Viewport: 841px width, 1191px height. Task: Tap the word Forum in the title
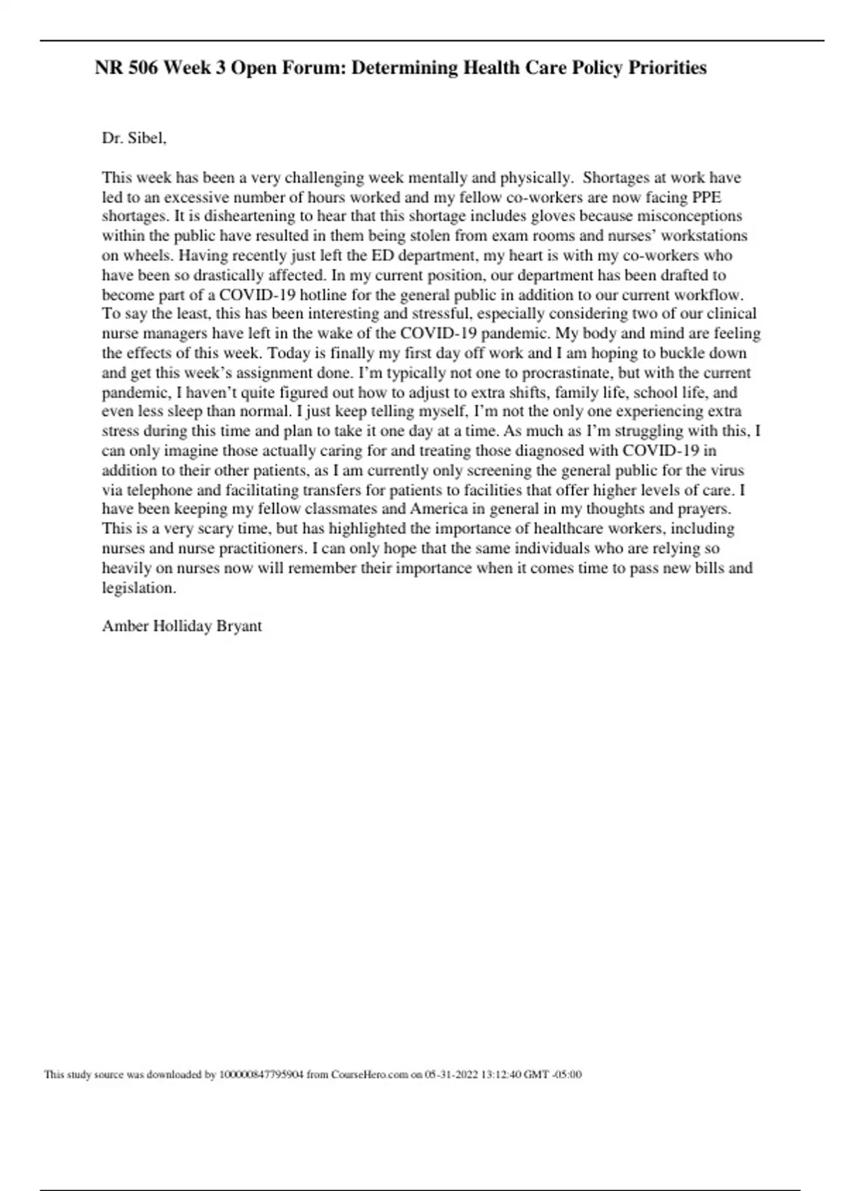coord(313,68)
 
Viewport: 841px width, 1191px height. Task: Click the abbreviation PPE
coord(706,198)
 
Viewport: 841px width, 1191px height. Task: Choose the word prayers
coord(704,509)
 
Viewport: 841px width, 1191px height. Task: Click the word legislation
coord(138,588)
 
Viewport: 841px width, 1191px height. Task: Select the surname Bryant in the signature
coord(239,626)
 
